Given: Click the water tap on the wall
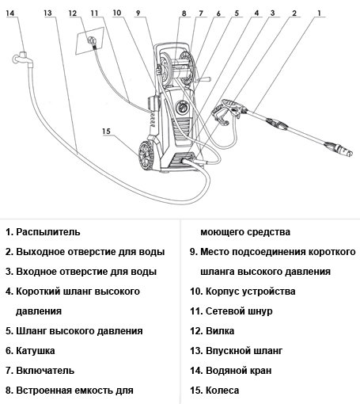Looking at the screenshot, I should pyautogui.click(x=19, y=58).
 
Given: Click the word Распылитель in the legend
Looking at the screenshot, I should pyautogui.click(x=48, y=232).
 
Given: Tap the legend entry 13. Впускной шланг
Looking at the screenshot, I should pyautogui.click(x=236, y=350).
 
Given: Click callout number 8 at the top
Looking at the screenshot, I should pyautogui.click(x=184, y=13).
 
